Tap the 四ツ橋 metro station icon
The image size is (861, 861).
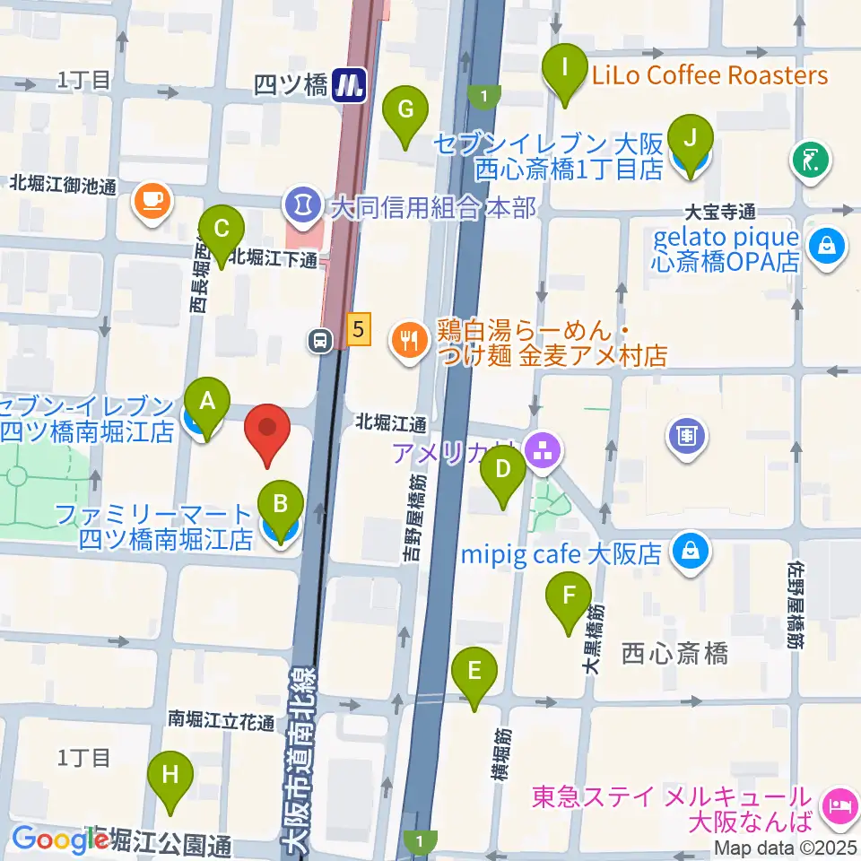coord(349,86)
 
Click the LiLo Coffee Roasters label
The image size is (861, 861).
coord(709,75)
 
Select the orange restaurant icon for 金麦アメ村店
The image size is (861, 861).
coord(409,341)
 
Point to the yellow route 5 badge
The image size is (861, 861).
coord(358,329)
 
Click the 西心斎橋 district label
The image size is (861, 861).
coord(674,654)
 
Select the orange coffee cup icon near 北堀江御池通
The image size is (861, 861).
coord(152,198)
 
